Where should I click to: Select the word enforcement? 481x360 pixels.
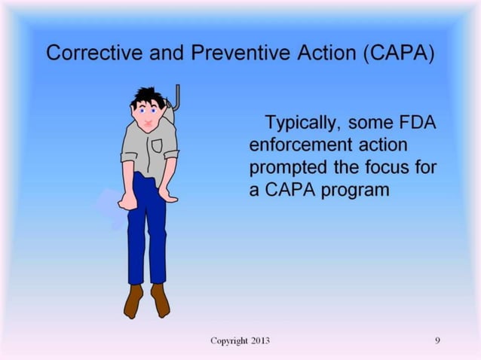point(298,145)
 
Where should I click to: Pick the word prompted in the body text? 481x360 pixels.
point(285,166)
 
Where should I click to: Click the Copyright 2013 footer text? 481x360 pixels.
point(240,341)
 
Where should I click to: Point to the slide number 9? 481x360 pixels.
point(437,341)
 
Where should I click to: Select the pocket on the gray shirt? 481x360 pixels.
point(157,145)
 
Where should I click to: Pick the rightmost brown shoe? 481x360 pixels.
point(160,299)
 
